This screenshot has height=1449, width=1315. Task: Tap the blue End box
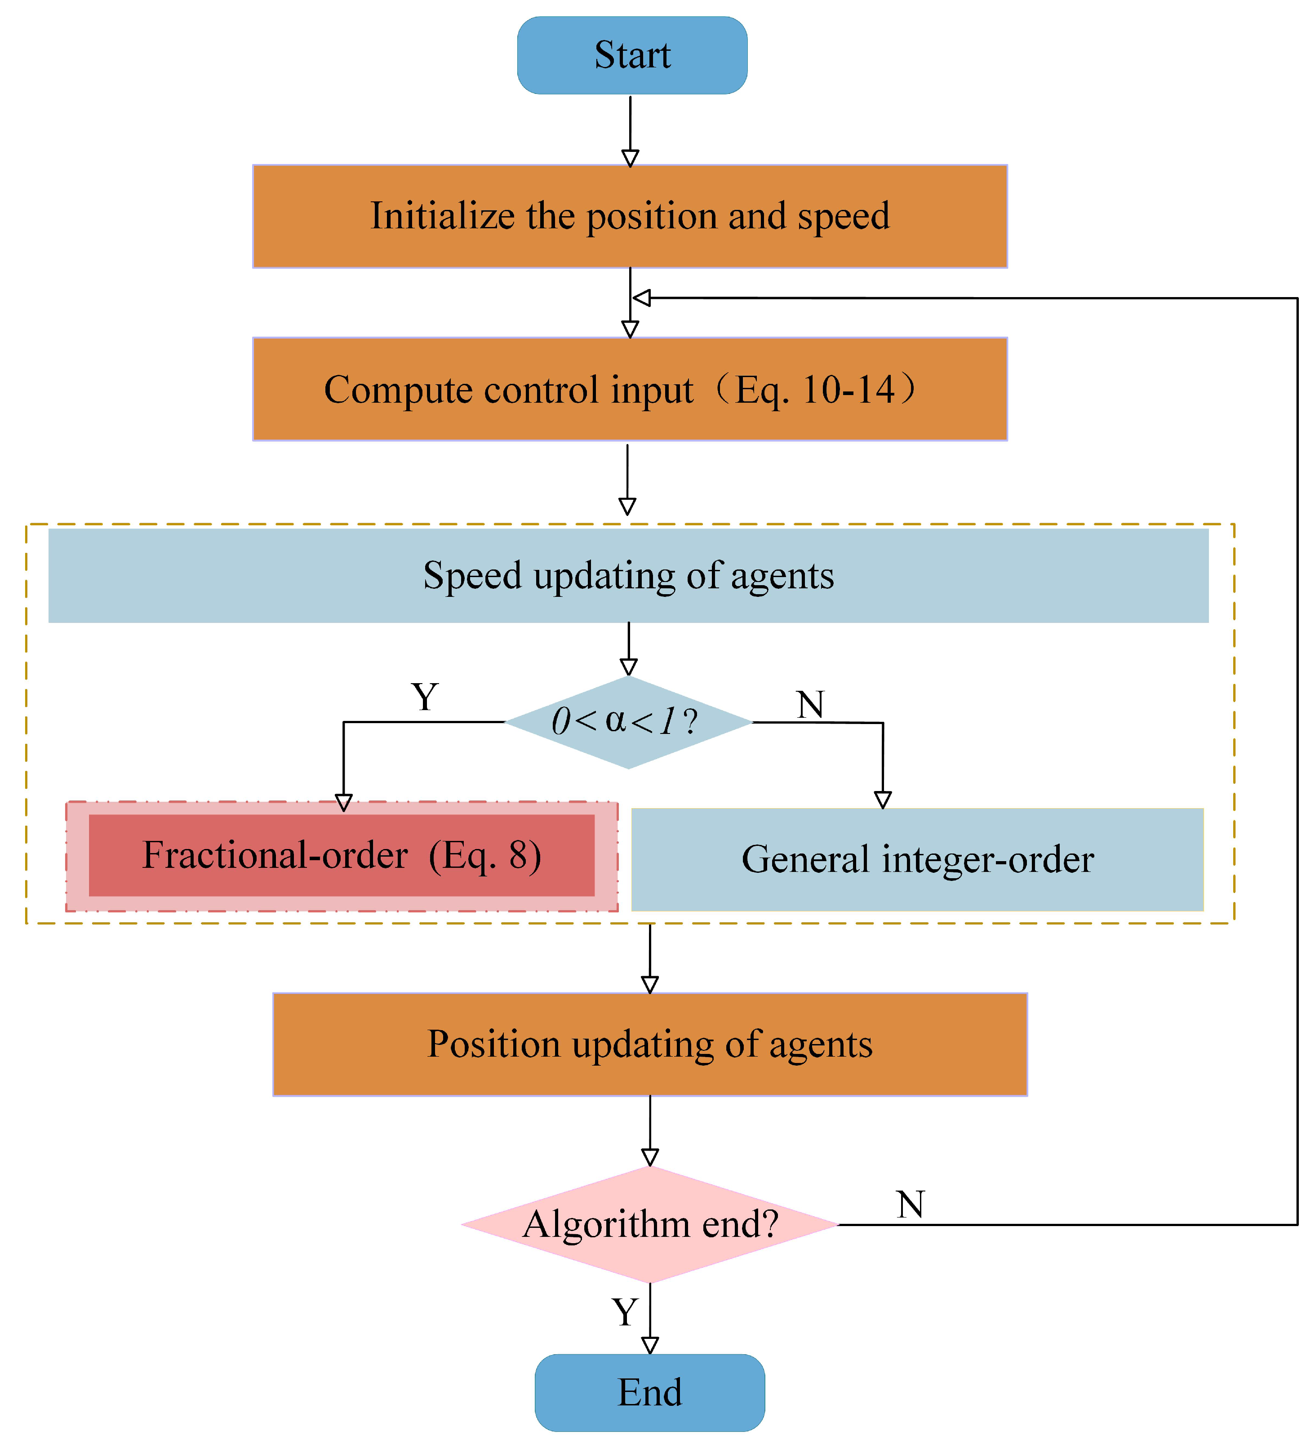[x=649, y=1392]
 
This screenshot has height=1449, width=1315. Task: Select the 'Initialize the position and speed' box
[x=630, y=216]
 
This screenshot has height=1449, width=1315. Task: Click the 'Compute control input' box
[x=630, y=389]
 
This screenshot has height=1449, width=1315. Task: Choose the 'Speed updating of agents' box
[x=628, y=576]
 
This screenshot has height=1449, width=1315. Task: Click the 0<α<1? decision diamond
[x=628, y=722]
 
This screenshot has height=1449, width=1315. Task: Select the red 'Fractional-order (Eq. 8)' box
[x=341, y=855]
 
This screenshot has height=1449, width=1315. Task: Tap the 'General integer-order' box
[x=917, y=860]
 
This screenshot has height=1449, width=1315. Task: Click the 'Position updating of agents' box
[x=649, y=1045]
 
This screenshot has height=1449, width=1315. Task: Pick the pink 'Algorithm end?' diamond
[x=649, y=1224]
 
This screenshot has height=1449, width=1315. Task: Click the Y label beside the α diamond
[x=425, y=697]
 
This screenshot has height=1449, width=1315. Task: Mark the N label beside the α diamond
[x=810, y=704]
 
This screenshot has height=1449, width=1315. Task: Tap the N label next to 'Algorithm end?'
[x=910, y=1204]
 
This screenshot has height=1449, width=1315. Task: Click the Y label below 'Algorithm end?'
[x=624, y=1312]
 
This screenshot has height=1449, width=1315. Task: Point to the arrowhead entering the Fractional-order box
[x=343, y=802]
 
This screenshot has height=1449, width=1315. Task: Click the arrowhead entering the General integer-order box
[x=882, y=799]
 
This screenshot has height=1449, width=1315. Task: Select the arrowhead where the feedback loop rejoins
[x=642, y=298]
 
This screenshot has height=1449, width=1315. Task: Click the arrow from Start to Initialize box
[x=630, y=129]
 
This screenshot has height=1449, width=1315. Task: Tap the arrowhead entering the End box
[x=649, y=1345]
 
